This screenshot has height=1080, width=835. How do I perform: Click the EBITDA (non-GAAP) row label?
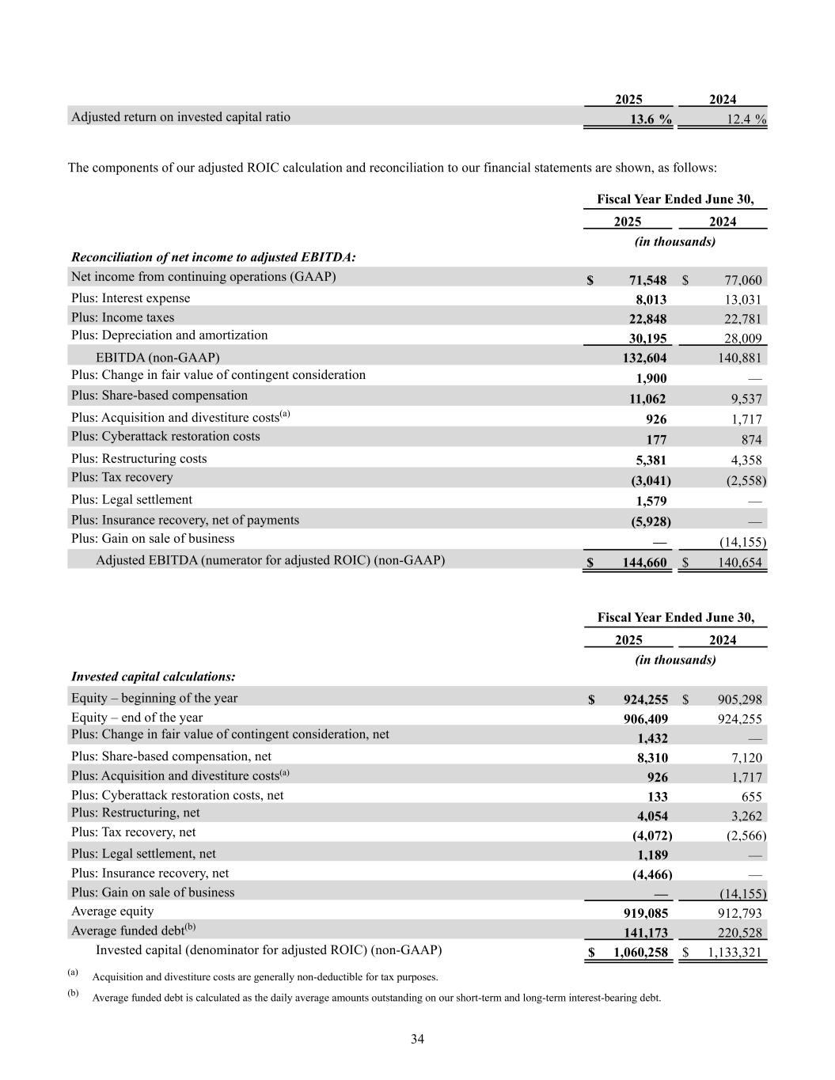158,358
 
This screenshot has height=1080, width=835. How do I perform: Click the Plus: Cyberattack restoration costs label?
165,437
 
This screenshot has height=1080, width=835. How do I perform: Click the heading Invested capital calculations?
154,676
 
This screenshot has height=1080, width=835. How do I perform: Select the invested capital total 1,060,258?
640,953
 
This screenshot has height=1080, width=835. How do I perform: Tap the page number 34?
417,1039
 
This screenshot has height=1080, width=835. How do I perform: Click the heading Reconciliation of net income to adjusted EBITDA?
214,257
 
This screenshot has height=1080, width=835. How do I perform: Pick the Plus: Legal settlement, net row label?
143,854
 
